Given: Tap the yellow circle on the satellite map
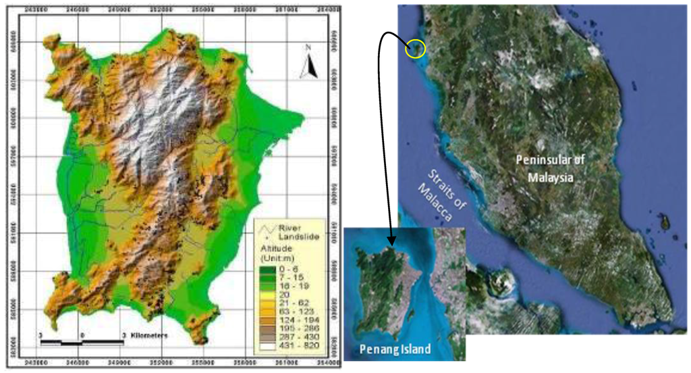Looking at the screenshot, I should (x=415, y=48).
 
